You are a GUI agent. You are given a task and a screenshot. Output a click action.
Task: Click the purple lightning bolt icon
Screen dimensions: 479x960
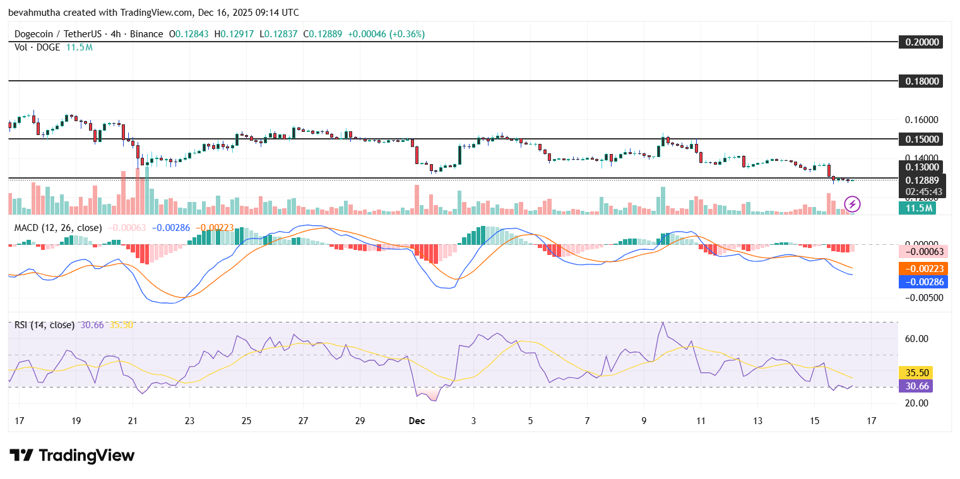853,204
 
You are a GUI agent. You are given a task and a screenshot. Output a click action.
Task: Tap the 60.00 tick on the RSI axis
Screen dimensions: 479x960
917,339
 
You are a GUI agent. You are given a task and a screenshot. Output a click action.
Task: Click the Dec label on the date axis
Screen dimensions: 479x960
417,420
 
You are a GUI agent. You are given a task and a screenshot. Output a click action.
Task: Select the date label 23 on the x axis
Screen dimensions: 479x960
190,420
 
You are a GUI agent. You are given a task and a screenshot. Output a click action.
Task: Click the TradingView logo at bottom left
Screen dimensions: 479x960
72,456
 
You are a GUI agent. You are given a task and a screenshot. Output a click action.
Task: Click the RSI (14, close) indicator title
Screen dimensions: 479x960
45,325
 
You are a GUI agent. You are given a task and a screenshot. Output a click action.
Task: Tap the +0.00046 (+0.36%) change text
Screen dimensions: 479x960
386,34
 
